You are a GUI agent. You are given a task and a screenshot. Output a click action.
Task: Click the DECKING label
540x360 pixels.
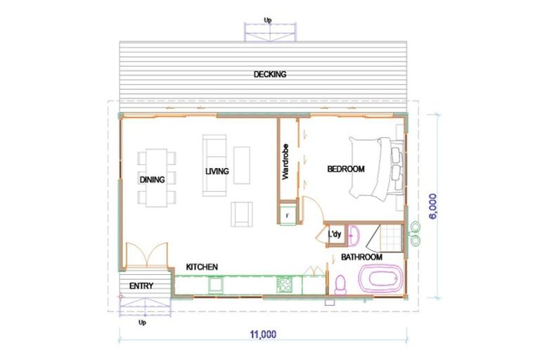tap(270, 75)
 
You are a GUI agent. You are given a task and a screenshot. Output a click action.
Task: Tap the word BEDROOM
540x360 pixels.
tap(346, 169)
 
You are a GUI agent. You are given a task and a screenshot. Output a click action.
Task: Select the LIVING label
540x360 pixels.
tap(217, 171)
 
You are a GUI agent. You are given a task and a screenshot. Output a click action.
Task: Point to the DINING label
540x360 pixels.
tap(152, 179)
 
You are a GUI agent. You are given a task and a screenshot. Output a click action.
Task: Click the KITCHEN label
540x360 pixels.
tap(202, 267)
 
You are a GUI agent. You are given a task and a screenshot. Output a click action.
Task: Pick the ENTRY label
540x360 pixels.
tap(141, 285)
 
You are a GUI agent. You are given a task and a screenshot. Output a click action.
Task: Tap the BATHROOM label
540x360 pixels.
tap(361, 257)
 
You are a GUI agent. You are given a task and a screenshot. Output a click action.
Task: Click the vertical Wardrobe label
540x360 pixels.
tap(286, 162)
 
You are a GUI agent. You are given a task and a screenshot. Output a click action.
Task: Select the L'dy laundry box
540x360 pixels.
tap(335, 235)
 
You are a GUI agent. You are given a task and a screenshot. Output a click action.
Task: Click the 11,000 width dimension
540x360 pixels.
tap(262, 334)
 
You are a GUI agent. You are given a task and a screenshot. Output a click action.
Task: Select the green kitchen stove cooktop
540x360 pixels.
tap(285, 285)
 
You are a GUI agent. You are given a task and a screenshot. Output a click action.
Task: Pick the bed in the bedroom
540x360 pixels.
tap(376, 167)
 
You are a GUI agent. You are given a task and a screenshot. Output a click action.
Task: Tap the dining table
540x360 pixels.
tap(153, 177)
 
